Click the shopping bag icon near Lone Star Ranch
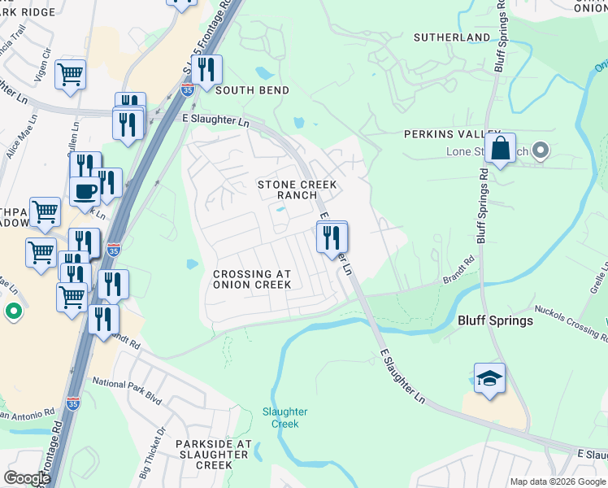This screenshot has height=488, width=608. (x=501, y=149)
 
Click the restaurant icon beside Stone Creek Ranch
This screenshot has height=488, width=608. (x=331, y=238)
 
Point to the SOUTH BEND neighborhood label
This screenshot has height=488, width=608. (x=252, y=90)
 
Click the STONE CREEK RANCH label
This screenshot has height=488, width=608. (x=297, y=190)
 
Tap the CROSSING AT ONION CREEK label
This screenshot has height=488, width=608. (x=252, y=279)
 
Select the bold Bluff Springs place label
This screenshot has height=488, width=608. (x=495, y=320)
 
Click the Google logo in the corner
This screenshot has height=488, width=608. (x=27, y=478)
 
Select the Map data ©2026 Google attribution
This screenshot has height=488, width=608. (x=558, y=481)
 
